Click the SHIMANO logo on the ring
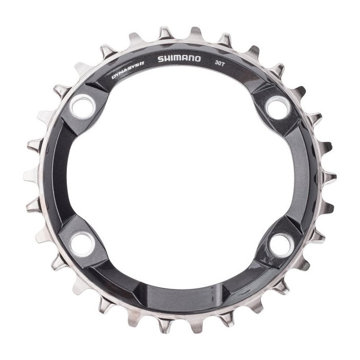179,59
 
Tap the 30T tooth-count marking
220,63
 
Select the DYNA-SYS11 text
128,73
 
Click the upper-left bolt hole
83,106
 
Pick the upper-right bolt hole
278,107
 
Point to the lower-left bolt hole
83,244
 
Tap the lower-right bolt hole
282,245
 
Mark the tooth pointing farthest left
31,175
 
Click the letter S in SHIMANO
161,59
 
